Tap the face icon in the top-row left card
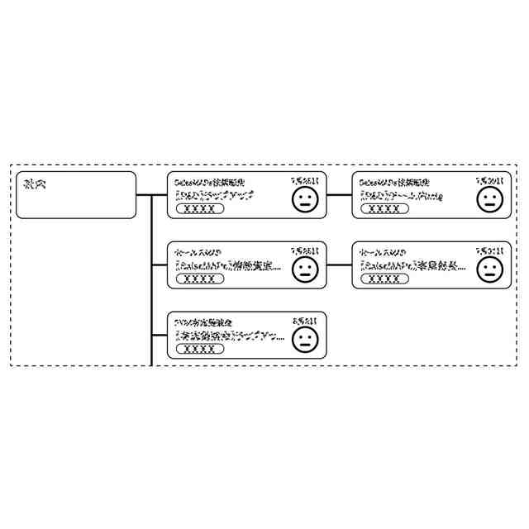(305, 198)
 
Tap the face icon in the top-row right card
(489, 198)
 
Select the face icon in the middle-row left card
(305, 269)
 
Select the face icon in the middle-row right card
(489, 269)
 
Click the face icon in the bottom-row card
(305, 339)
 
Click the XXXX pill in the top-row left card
(200, 209)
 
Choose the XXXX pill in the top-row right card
(384, 209)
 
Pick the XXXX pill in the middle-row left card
(200, 279)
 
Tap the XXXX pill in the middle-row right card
(384, 279)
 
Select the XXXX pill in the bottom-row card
(200, 349)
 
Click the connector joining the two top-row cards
(339, 195)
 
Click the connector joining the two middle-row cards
(339, 265)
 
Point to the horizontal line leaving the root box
(144, 195)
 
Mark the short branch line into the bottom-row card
(160, 335)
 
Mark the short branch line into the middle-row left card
(160, 265)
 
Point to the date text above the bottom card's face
(304, 320)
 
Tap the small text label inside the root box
(35, 183)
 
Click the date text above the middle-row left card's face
(304, 250)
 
